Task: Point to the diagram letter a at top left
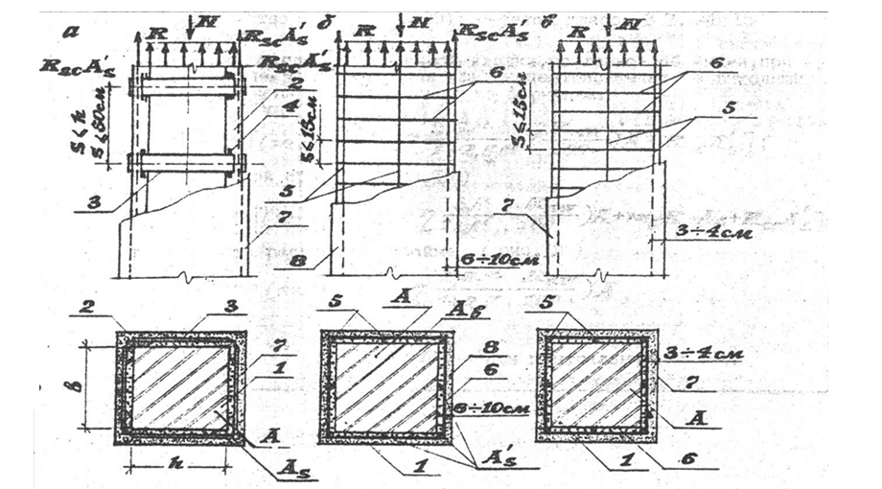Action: point(69,30)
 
